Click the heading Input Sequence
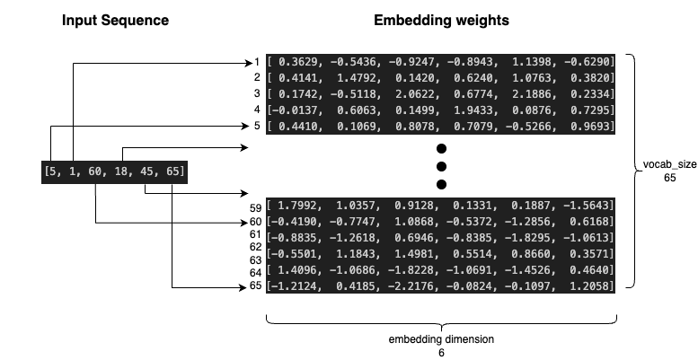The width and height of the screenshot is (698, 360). (115, 19)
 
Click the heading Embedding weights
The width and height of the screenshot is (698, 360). (441, 19)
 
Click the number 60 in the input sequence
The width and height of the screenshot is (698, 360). (96, 172)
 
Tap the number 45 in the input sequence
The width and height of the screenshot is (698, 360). (146, 172)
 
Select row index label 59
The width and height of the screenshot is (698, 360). (256, 207)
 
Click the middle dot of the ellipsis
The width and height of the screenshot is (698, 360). (440, 166)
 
